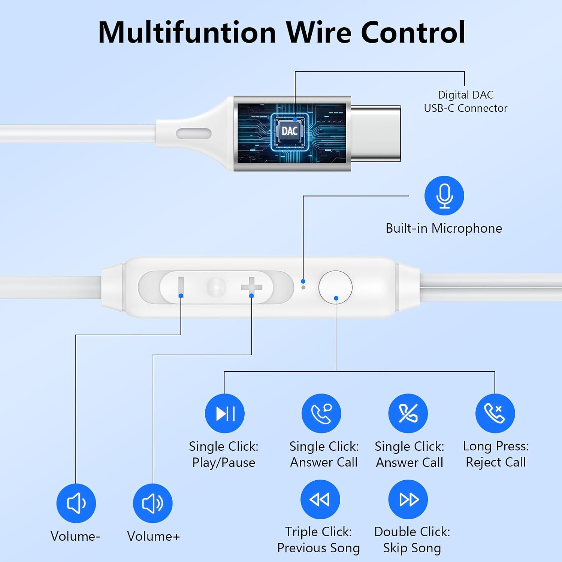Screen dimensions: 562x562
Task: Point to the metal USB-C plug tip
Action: pyautogui.click(x=376, y=133)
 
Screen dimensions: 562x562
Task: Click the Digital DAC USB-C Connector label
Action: pyautogui.click(x=465, y=102)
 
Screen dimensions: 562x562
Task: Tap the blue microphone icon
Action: pyautogui.click(x=444, y=196)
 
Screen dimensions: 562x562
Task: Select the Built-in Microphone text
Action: pyautogui.click(x=444, y=228)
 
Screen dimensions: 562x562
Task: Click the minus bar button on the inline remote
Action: pyautogui.click(x=181, y=287)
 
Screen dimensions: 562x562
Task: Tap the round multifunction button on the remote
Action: pyautogui.click(x=335, y=287)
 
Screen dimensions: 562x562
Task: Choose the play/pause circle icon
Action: pyautogui.click(x=224, y=414)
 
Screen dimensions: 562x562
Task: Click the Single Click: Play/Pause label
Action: pyautogui.click(x=224, y=454)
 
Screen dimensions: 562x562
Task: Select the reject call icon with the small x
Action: pyautogui.click(x=495, y=414)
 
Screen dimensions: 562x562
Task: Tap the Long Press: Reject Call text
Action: pyautogui.click(x=496, y=454)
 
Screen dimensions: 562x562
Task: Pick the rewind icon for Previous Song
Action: pyautogui.click(x=320, y=499)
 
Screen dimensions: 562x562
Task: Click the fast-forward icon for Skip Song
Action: pyautogui.click(x=408, y=499)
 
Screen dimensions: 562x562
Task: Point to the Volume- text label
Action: pyautogui.click(x=75, y=536)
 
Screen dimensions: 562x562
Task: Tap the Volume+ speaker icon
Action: pyautogui.click(x=153, y=503)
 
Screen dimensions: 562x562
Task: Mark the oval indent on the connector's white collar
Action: pyautogui.click(x=194, y=133)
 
